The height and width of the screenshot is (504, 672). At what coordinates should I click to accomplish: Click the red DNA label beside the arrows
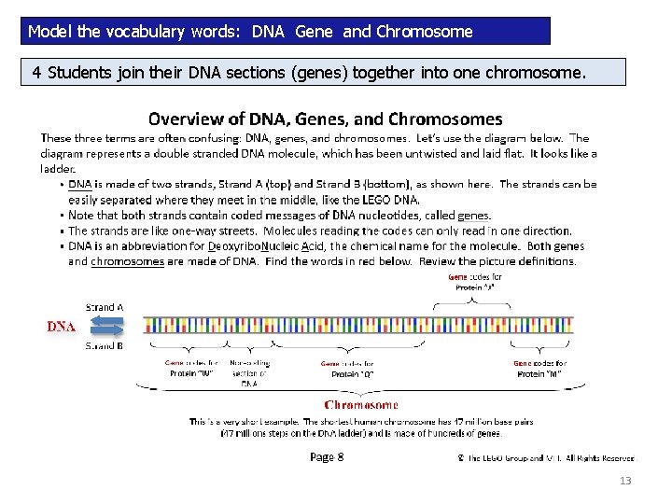(x=62, y=327)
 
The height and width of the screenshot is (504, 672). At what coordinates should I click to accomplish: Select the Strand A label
(x=105, y=306)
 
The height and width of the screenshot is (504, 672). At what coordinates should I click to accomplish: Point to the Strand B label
(x=105, y=345)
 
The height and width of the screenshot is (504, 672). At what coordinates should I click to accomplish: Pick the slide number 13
(x=625, y=481)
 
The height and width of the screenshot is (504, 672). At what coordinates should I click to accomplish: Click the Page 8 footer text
(x=327, y=456)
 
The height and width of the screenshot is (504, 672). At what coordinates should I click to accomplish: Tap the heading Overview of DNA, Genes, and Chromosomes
(x=326, y=119)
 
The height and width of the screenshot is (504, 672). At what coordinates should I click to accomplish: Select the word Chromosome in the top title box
(x=424, y=32)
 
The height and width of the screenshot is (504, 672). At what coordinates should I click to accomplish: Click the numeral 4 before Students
(x=36, y=73)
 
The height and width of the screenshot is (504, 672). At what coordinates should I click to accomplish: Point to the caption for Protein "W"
(x=191, y=368)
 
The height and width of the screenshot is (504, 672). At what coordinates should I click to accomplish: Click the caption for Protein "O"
(x=347, y=369)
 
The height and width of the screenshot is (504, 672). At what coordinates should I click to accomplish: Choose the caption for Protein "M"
(x=540, y=368)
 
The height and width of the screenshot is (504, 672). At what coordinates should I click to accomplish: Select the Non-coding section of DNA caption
(x=249, y=373)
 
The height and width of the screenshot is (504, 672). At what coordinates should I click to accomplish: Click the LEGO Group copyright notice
(x=546, y=458)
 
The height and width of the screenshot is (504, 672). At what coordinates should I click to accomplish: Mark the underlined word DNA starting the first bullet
(x=80, y=185)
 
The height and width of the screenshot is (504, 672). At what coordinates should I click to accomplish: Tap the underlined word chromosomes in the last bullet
(x=128, y=261)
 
